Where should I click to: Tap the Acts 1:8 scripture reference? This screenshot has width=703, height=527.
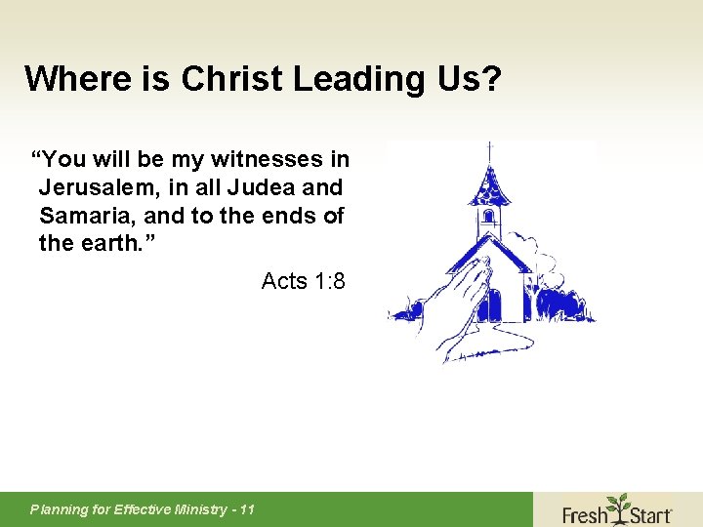[303, 282]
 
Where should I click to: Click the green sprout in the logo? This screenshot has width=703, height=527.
[617, 504]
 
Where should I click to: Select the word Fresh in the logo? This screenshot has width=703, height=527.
[585, 513]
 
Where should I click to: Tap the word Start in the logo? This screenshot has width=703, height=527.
[649, 513]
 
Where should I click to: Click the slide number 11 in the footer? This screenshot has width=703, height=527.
[247, 509]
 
